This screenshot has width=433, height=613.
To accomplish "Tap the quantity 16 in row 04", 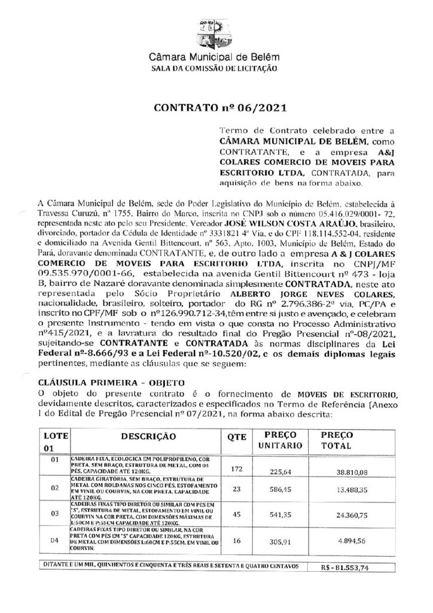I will point(236,541).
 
